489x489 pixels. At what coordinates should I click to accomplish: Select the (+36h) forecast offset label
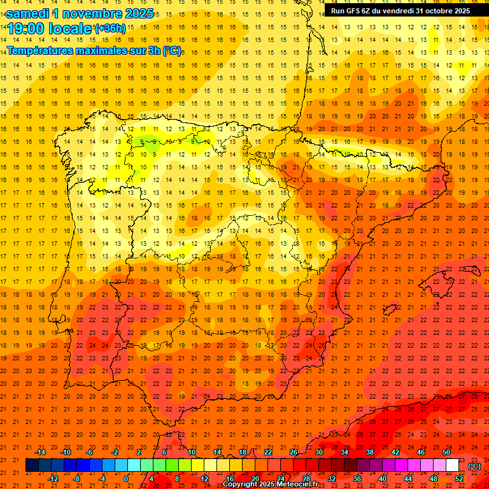(x=110, y=28)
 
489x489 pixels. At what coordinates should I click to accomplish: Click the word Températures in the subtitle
(x=45, y=50)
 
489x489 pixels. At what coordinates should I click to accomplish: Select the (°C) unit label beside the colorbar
(x=474, y=466)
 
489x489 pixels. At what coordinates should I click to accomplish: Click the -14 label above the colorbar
(x=41, y=452)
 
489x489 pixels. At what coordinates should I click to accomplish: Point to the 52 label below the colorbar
(x=459, y=478)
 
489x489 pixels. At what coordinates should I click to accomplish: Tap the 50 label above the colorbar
(x=446, y=452)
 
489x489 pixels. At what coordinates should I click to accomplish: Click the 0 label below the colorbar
(x=125, y=478)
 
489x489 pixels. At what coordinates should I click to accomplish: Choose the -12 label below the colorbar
(x=53, y=478)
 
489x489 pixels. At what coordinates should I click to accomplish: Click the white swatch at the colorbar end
(x=452, y=465)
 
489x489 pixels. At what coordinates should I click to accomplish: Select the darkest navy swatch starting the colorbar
(x=32, y=465)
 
